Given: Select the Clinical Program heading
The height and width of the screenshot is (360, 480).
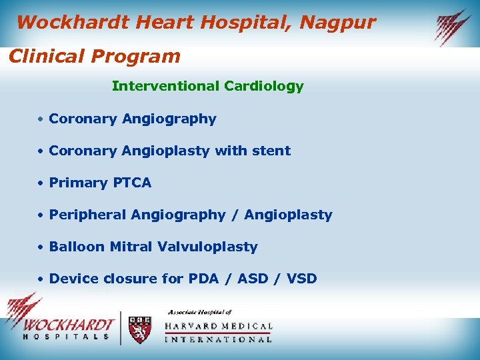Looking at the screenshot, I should tap(94, 56).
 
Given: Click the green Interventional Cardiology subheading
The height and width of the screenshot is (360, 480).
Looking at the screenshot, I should tap(207, 86).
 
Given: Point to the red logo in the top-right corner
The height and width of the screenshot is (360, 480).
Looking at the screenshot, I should tap(453, 27).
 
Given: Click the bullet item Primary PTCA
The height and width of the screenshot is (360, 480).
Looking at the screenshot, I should tap(100, 183).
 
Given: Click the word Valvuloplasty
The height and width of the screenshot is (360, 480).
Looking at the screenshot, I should tap(207, 247).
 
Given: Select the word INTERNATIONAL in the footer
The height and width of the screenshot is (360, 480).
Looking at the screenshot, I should tap(218, 339).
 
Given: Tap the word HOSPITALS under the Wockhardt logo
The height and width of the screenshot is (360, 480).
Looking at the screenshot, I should tap(66, 337).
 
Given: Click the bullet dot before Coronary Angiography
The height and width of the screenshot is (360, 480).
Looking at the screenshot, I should tap(41, 119).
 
